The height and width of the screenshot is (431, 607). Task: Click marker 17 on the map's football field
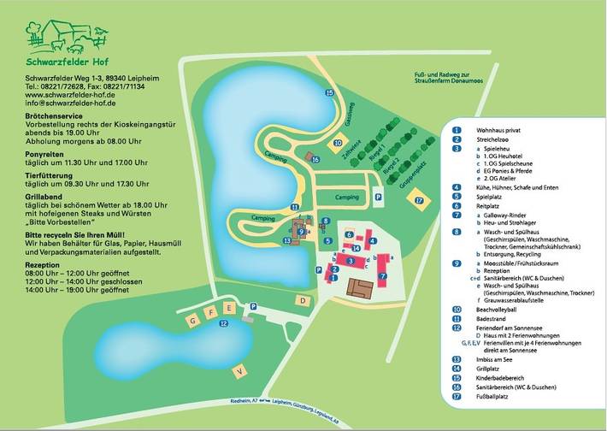point(418,200)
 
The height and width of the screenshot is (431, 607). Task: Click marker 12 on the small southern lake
point(223,323)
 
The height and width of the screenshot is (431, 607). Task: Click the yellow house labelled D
point(303,301)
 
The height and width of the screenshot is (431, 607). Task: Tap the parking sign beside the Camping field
point(379,196)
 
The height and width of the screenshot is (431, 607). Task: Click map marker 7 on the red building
point(382,277)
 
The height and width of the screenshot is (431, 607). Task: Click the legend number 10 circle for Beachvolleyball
point(457,309)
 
